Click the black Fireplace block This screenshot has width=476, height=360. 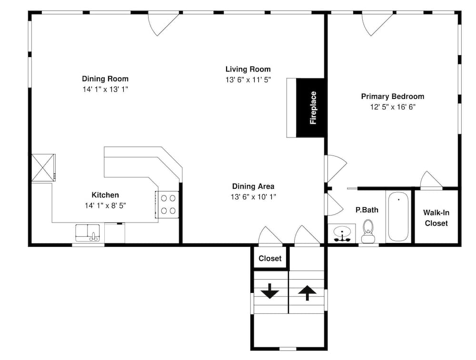coord(310,108)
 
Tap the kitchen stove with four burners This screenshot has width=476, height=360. coord(167,204)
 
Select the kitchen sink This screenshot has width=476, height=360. coord(88,233)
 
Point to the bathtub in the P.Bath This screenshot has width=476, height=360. coord(398,216)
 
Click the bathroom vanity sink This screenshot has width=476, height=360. coord(342,234)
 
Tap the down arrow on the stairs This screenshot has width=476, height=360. coord(270,291)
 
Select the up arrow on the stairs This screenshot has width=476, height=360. coord(307,292)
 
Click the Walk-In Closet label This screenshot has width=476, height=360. coord(436,218)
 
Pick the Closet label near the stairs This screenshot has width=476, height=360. coord(270,259)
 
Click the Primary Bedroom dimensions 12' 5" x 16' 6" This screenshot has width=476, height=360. coord(393,107)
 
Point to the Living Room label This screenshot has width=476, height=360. coord(248,69)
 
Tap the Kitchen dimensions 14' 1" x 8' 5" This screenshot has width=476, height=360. coord(105,205)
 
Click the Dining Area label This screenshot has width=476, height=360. coord(253,186)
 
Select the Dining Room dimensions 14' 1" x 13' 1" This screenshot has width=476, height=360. coord(105,89)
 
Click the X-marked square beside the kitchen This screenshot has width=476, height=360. coord(43,167)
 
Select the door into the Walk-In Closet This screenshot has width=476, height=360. coord(432,180)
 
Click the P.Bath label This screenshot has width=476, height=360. coord(367,210)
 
